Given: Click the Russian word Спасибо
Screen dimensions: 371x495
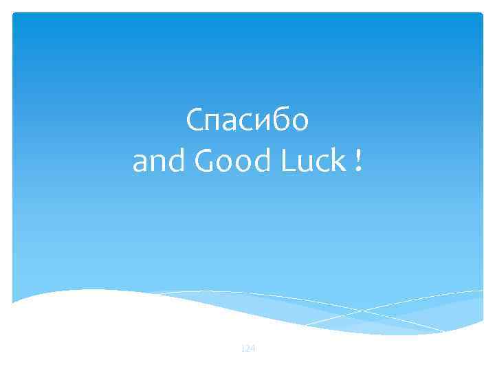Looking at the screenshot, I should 247,122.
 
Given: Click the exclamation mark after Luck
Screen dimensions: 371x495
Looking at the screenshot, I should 359,162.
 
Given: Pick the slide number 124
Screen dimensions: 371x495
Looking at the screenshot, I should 247,349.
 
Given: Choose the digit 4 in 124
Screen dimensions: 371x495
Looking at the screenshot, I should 252,349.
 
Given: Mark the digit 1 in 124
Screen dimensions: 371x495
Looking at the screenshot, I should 243,349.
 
